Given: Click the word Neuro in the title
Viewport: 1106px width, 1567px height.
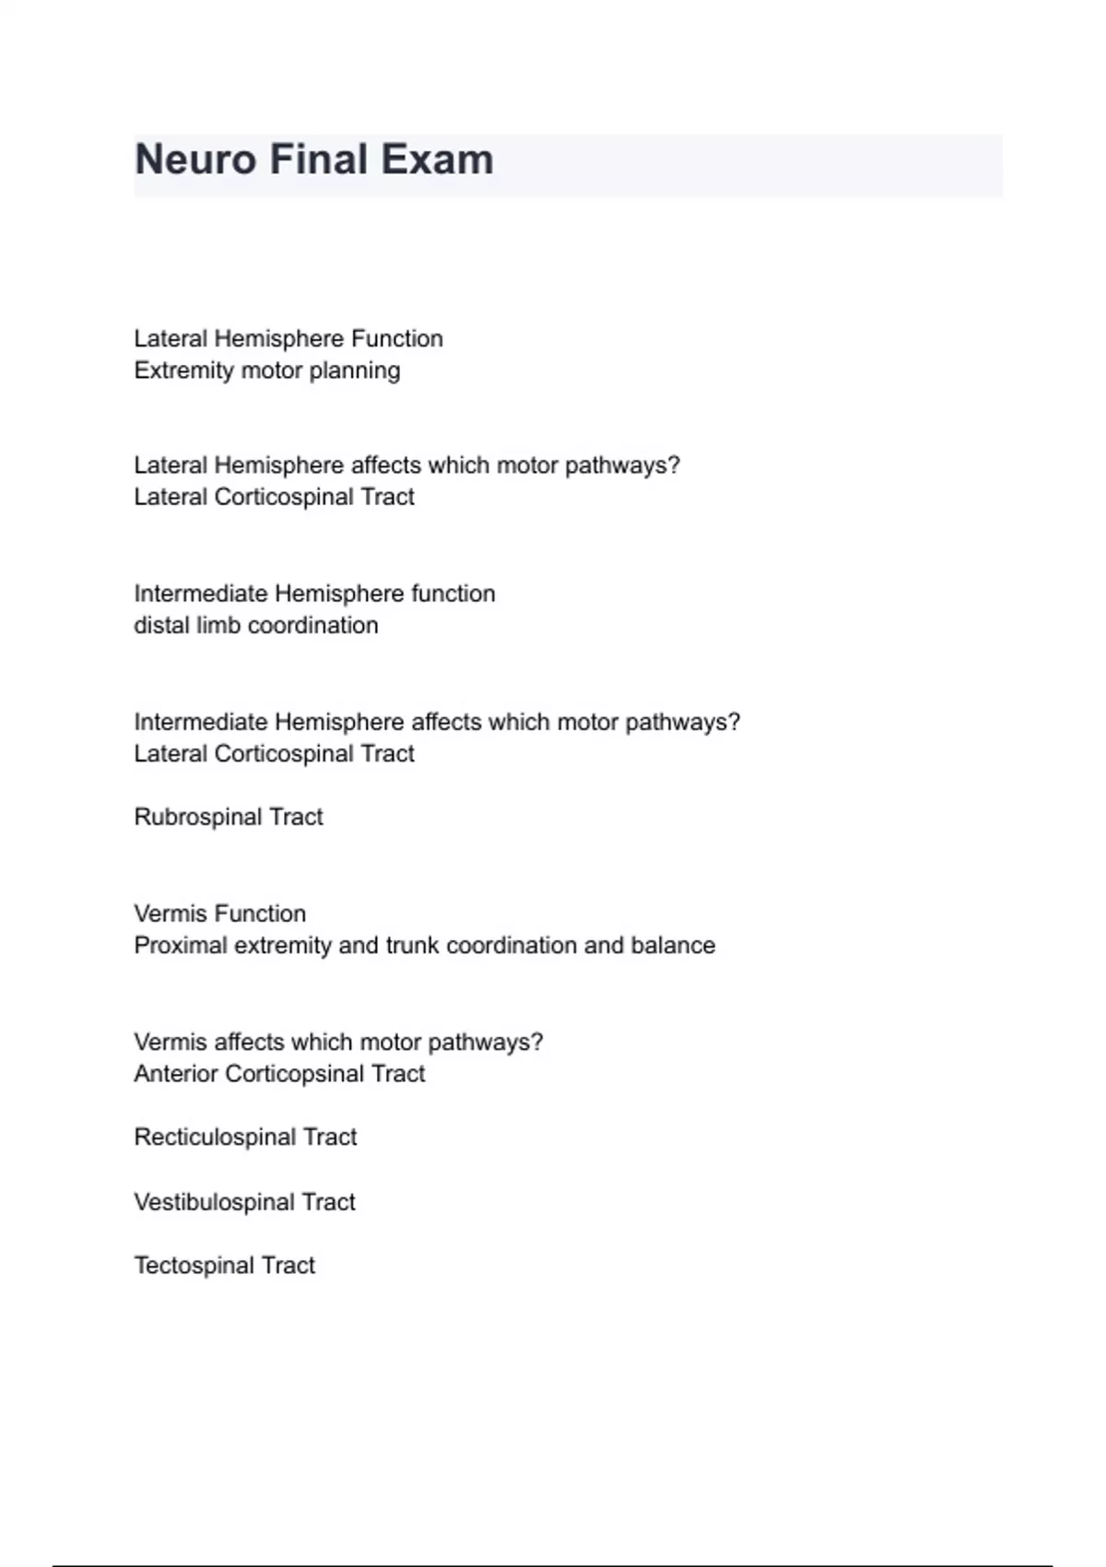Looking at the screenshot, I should click(x=195, y=159).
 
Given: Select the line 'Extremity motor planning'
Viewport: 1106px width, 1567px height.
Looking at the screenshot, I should click(x=267, y=371).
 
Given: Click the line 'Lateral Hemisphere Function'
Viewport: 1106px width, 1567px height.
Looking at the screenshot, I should click(x=288, y=338).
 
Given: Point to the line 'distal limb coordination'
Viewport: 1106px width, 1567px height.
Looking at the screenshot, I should click(x=256, y=625).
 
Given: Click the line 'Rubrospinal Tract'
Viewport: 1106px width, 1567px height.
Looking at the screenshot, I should click(x=229, y=817).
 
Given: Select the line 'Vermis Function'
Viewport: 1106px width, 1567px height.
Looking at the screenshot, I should click(x=220, y=913).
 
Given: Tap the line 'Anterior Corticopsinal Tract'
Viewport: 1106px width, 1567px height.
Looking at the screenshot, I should click(x=279, y=1074).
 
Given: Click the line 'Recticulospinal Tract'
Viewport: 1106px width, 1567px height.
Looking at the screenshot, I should click(x=245, y=1137).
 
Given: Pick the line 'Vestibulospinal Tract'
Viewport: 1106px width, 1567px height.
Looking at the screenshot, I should click(x=244, y=1202).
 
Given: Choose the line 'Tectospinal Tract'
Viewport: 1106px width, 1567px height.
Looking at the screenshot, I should click(x=225, y=1266).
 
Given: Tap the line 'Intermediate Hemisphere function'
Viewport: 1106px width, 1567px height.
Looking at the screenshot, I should click(x=314, y=594).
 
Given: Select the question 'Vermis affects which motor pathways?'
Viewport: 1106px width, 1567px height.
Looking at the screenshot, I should click(x=338, y=1043).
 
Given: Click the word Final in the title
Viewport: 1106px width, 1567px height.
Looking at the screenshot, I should click(x=318, y=159).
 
